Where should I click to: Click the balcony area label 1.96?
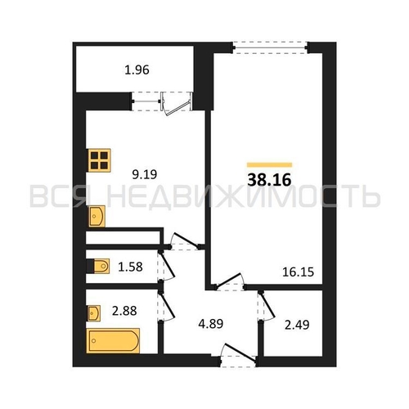pos(137,70)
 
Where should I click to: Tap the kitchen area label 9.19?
pos(145,174)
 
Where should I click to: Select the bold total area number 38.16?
pos(269,180)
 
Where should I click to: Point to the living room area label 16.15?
pos(298,272)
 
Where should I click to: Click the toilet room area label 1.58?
pos(130,267)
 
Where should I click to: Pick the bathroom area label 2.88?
pos(124,311)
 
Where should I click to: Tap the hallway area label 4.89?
pos(211,324)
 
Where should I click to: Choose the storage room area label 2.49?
pos(297,325)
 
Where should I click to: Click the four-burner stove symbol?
pos(99,160)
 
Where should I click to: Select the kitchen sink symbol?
pos(97,216)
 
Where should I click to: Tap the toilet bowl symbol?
pos(101,266)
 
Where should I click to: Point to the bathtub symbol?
pos(113,340)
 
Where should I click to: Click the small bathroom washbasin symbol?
pos(94,313)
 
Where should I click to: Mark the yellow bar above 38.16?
pos(269,164)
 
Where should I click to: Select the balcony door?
pos(177,103)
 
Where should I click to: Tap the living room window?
pos(270,47)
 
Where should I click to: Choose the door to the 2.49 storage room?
pos(266,306)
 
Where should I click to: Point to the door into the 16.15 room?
pos(230,281)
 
